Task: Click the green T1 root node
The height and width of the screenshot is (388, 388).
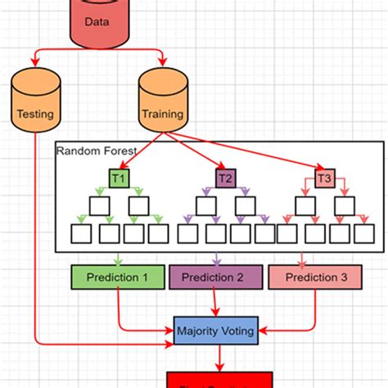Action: tap(119, 177)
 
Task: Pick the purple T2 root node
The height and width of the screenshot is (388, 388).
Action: tap(225, 177)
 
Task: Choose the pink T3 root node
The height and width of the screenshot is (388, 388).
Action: tap(325, 177)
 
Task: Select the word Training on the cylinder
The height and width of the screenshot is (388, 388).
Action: tap(163, 115)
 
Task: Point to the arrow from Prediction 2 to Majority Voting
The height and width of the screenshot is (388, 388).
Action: tap(216, 303)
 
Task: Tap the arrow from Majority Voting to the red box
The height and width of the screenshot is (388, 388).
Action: tap(219, 359)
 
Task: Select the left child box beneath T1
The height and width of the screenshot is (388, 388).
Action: tap(99, 205)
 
